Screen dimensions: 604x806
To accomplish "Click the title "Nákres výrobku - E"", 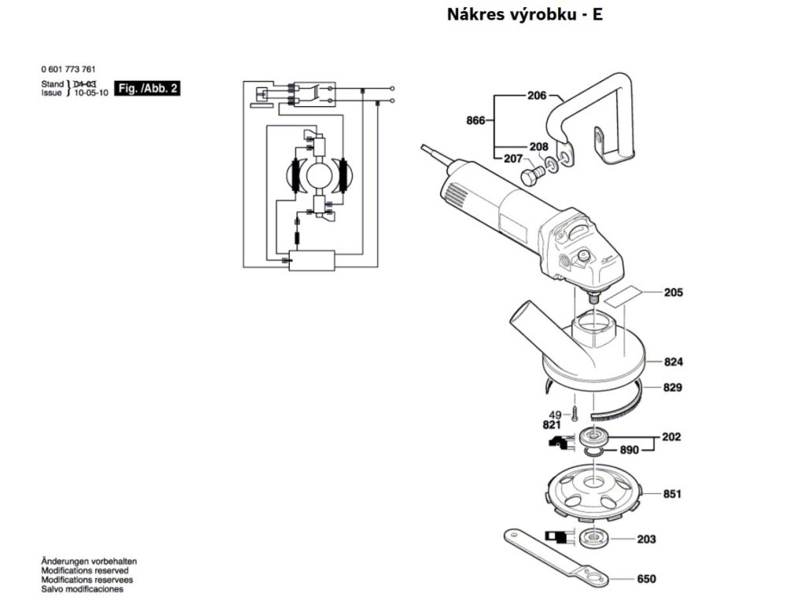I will click(x=525, y=14).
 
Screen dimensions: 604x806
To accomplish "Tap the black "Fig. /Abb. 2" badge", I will click(x=148, y=88).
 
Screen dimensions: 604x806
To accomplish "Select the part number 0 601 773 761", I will click(x=73, y=70).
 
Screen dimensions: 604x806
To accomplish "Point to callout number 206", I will click(x=537, y=96).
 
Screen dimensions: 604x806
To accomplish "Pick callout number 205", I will click(x=673, y=293).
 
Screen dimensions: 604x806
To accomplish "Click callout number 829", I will click(x=672, y=388).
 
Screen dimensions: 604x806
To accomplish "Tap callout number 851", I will click(x=671, y=494).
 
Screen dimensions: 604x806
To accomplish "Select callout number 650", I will click(x=646, y=580).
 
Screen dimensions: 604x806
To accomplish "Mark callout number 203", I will click(x=646, y=540).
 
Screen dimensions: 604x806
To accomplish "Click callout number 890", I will click(x=628, y=451).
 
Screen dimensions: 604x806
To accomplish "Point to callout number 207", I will click(x=513, y=159).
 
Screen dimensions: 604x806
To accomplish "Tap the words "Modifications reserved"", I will click(x=86, y=570).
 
